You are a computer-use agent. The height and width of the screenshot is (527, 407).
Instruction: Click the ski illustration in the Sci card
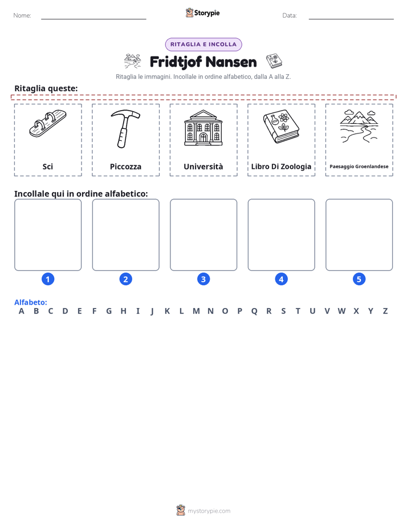point(48,124)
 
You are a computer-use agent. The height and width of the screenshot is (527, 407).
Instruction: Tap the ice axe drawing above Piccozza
point(125,129)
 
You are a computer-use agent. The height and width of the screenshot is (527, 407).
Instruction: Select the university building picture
point(203,128)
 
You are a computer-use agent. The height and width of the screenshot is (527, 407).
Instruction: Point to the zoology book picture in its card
point(281,127)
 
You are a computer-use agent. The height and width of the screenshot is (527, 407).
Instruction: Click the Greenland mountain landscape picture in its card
point(359,127)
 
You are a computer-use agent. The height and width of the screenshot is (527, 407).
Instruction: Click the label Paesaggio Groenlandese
point(359,167)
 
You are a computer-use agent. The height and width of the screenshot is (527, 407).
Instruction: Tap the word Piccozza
point(125,167)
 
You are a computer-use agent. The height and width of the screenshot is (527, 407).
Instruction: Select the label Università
point(203,167)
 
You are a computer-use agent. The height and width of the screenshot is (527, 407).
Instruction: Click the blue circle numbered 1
point(48,279)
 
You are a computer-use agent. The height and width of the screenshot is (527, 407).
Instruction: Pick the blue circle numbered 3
point(203,279)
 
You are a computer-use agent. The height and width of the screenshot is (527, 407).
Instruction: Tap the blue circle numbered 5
point(359,279)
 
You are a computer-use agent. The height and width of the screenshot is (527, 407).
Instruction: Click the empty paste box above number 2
point(125,234)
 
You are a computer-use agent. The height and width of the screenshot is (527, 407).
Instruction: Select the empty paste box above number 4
point(282,234)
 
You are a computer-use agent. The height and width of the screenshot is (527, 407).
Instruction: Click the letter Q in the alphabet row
point(254,311)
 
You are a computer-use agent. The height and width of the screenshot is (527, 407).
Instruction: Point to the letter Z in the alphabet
point(385,311)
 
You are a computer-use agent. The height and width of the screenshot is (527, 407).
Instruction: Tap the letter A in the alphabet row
point(22,311)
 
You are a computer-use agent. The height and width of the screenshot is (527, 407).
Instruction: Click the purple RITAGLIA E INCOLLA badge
point(203,44)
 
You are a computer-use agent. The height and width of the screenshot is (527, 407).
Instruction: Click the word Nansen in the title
point(231,62)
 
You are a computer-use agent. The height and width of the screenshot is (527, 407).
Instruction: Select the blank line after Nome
point(93,19)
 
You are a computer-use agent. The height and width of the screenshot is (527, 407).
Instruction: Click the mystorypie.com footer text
point(209,511)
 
